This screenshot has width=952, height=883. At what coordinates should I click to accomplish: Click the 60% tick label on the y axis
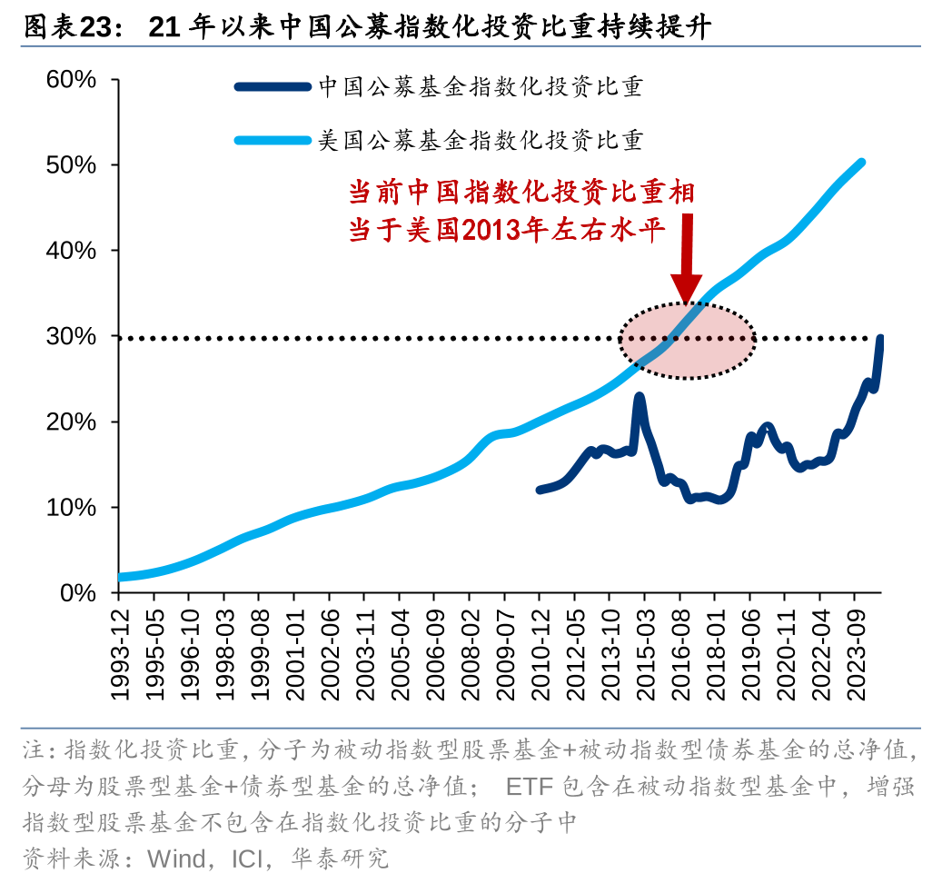coord(72,80)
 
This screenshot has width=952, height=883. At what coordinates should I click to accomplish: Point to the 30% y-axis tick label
coord(72,336)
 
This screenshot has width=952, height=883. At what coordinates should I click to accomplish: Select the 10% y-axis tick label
coord(72,507)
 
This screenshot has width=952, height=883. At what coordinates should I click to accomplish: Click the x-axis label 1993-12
coord(119,650)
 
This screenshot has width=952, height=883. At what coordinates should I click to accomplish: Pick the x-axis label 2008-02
coord(470,650)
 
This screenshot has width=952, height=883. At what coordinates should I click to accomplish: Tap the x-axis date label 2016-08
coord(679,650)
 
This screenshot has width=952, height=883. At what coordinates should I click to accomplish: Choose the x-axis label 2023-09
coord(855,650)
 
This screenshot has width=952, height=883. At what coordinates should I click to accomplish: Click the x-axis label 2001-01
coord(294,650)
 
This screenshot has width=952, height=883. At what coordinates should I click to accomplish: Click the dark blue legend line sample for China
coord(273,87)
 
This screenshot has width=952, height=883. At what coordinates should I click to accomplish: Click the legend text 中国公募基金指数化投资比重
coord(481,87)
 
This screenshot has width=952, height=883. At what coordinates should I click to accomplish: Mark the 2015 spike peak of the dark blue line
coord(640,396)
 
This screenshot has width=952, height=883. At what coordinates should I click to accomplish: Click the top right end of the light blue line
coord(860,163)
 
